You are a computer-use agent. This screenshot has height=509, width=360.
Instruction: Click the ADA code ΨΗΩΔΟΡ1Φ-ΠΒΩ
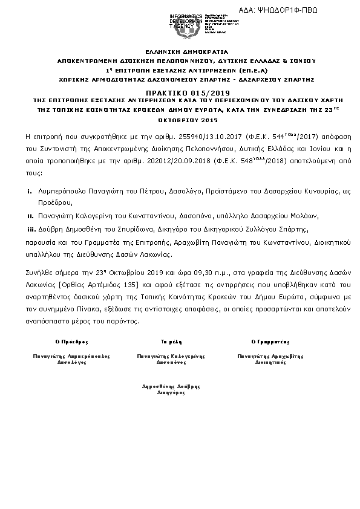point(296,10)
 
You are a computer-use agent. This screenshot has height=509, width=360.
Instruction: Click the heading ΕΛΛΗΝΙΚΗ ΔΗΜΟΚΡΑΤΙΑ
point(179,53)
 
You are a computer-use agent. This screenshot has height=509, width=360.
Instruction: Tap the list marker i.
point(30,191)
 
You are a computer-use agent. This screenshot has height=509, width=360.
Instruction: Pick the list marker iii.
point(30,229)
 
